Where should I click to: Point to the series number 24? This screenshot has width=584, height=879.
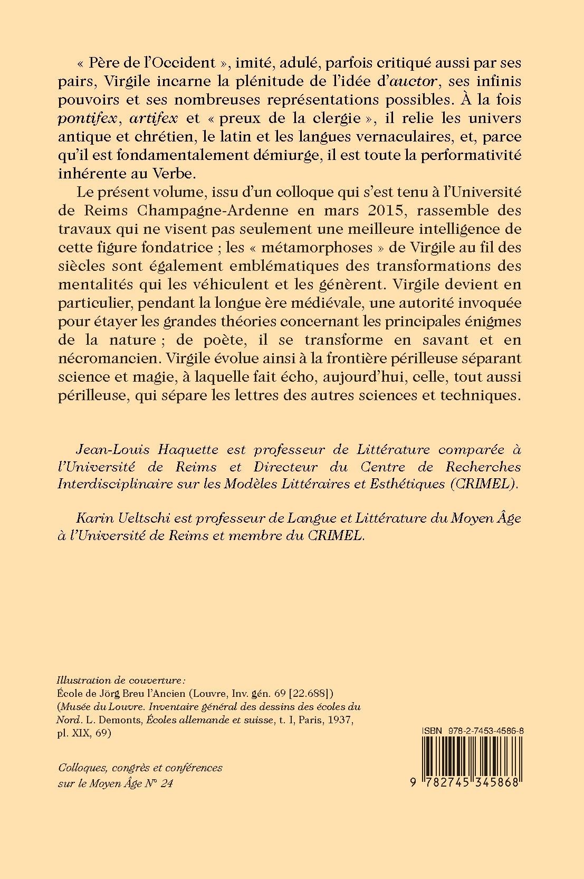[167, 783]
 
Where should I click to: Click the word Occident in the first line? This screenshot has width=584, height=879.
[187, 63]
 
